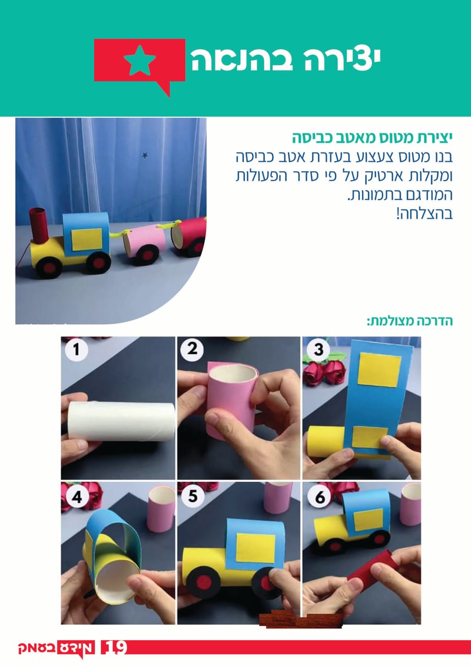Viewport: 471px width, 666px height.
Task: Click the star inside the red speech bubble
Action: click(140, 61)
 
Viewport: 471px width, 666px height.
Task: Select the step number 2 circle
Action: click(192, 351)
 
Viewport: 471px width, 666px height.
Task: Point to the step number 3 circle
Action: click(319, 351)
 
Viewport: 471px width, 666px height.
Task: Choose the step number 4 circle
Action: click(76, 498)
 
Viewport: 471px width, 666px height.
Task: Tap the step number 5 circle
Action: click(192, 498)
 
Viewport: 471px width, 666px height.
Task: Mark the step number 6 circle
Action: click(319, 498)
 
